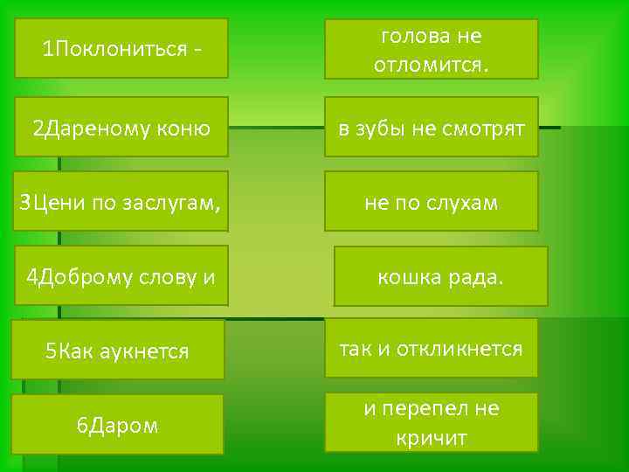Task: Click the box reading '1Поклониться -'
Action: pos(121,48)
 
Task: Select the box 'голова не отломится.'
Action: pos(432,49)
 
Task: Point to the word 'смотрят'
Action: pos(482,129)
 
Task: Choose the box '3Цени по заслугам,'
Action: pos(121,203)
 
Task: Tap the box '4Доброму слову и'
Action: pos(121,277)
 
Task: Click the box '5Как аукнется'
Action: pos(117,351)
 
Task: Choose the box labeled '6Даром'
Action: pos(117,425)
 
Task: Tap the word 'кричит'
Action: pos(431,437)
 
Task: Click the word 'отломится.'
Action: pos(432,65)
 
